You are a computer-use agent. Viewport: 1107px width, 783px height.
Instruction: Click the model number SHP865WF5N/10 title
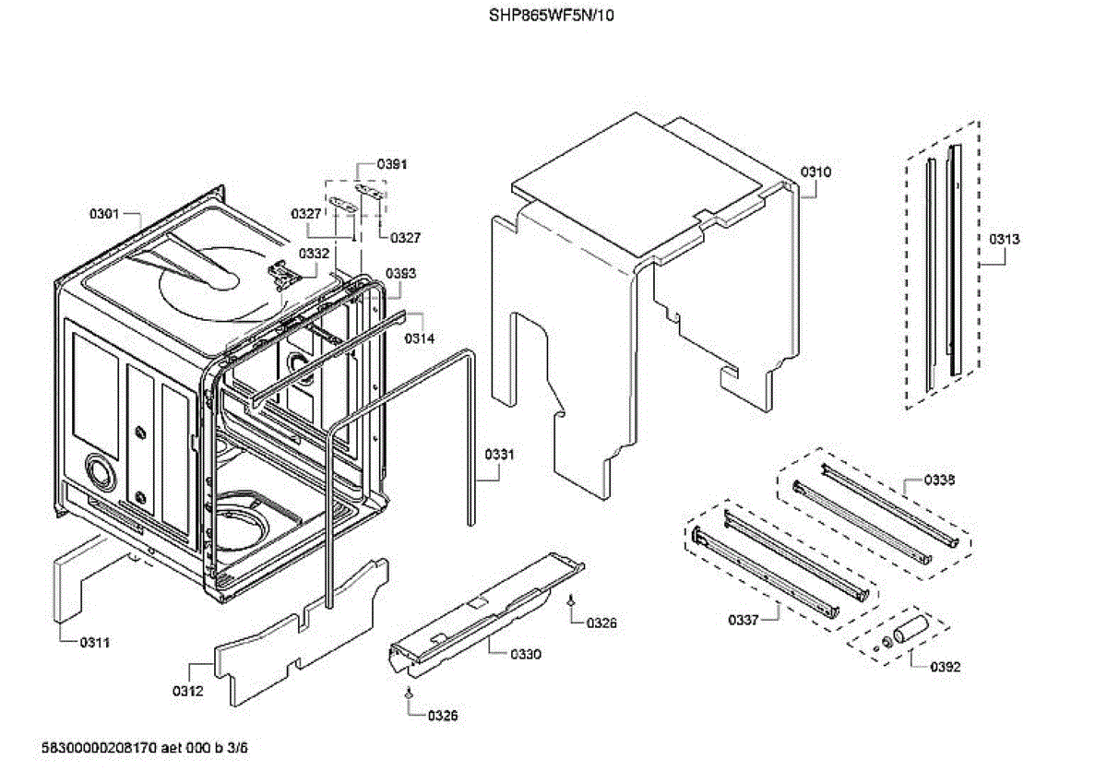[x=551, y=16]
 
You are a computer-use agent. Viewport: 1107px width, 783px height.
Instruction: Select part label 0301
[x=104, y=215]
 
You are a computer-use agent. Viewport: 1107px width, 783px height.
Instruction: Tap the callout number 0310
[x=815, y=172]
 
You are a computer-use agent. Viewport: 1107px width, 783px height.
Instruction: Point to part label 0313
[x=1005, y=239]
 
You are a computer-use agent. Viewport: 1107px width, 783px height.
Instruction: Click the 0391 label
[x=392, y=164]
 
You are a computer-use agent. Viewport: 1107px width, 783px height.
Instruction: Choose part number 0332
[x=314, y=253]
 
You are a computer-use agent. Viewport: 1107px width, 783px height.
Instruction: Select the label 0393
[x=400, y=273]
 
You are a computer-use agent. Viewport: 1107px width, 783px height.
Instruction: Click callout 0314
[x=419, y=338]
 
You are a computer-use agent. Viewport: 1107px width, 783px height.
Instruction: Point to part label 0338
[x=940, y=480]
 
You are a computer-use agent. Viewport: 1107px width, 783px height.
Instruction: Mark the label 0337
[x=743, y=620]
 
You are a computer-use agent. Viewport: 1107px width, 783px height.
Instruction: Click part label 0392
[x=946, y=666]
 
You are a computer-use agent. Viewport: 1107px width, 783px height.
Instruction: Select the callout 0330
[x=526, y=654]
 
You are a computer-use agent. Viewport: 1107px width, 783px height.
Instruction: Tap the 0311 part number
[x=94, y=642]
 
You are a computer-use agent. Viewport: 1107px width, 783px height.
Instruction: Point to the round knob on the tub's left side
[x=99, y=473]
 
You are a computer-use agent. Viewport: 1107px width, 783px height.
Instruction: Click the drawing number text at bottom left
[x=145, y=748]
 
